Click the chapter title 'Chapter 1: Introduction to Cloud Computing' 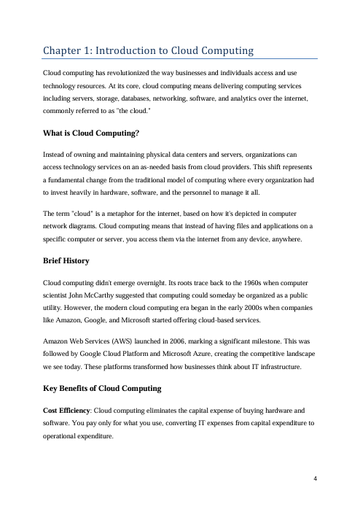[147, 50]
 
